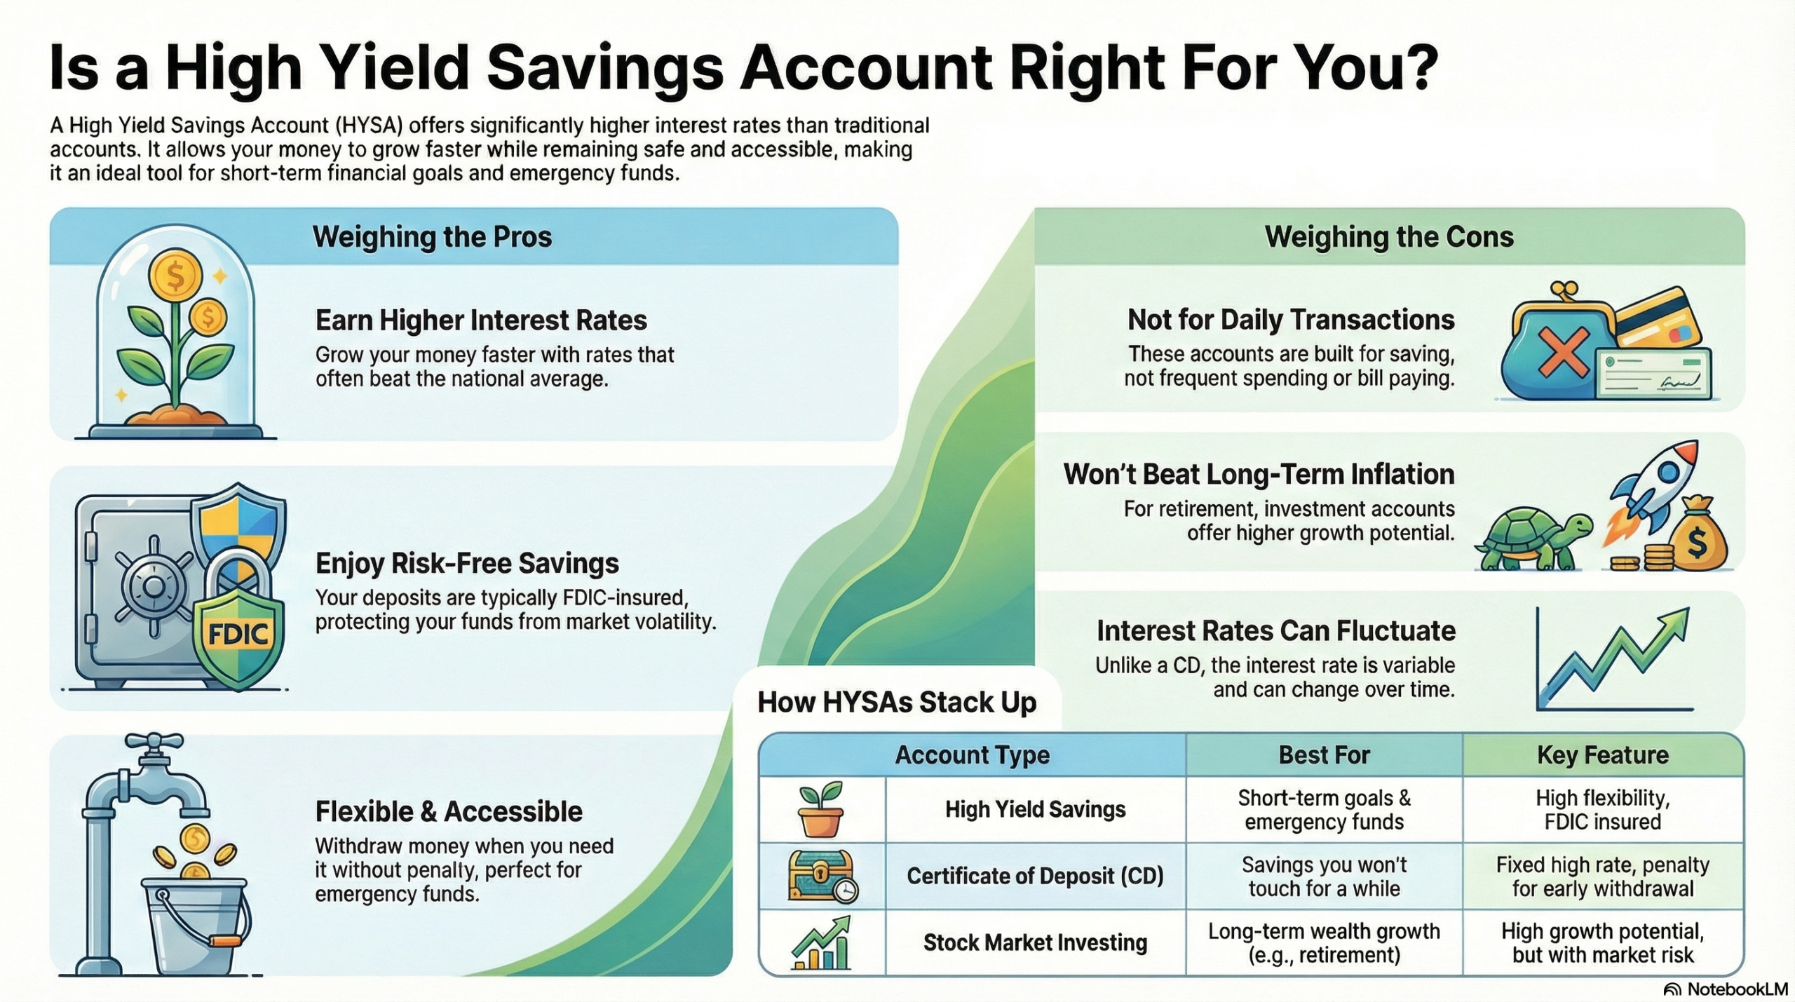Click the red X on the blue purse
coord(1563,352)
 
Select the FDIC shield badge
coord(238,635)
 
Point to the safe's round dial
coord(152,586)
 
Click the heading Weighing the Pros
coord(432,237)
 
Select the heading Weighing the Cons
coord(1389,237)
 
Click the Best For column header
coord(1324,755)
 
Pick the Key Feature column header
coord(1602,755)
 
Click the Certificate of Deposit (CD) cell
coord(1035,876)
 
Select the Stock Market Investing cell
coord(1035,942)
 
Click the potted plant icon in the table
coord(821,811)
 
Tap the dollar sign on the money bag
coord(1697,542)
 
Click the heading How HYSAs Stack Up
coord(897,702)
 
